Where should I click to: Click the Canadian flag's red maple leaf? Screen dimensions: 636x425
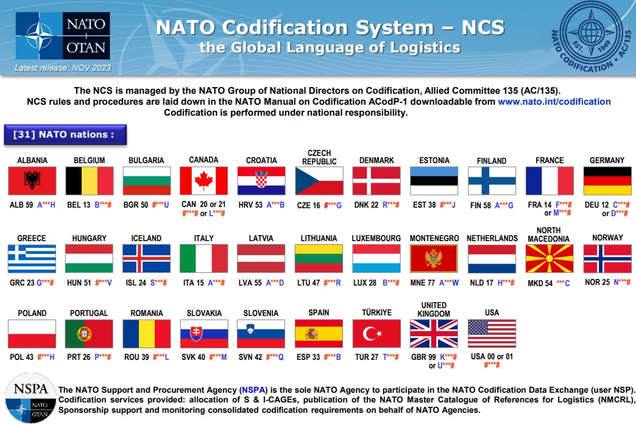pyautogui.click(x=203, y=180)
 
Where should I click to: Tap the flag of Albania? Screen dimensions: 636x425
pyautogui.click(x=32, y=181)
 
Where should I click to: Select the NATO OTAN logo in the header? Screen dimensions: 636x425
pyautogui.click(x=63, y=36)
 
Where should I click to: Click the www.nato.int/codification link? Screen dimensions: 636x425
pyautogui.click(x=554, y=102)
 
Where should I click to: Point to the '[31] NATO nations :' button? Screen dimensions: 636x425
pyautogui.click(x=65, y=135)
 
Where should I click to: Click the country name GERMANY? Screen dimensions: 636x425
pyautogui.click(x=607, y=160)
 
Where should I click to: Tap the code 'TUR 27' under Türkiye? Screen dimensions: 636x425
pyautogui.click(x=367, y=357)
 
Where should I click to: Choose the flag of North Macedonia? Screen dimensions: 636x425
pyautogui.click(x=549, y=259)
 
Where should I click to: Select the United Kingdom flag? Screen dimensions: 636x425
pyautogui.click(x=434, y=334)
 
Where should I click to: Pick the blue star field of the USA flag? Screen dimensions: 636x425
pyautogui.click(x=478, y=327)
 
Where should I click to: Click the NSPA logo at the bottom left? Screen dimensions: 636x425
pyautogui.click(x=31, y=398)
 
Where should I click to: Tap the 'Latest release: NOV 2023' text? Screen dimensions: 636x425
pyautogui.click(x=63, y=68)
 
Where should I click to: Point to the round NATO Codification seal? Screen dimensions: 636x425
pyautogui.click(x=592, y=37)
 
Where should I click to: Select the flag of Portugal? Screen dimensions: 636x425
pyautogui.click(x=89, y=334)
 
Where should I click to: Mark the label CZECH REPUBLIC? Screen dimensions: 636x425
pyautogui.click(x=319, y=157)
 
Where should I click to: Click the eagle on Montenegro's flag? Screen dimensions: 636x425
pyautogui.click(x=433, y=258)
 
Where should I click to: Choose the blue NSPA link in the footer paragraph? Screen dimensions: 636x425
pyautogui.click(x=253, y=390)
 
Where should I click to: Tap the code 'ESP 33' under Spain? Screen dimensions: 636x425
pyautogui.click(x=308, y=357)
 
